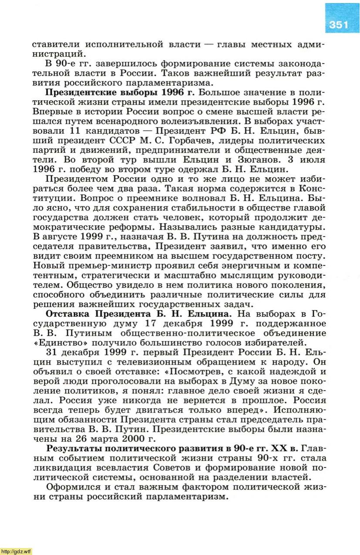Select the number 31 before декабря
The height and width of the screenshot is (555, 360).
point(53,352)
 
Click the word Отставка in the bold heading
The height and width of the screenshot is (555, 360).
point(67,314)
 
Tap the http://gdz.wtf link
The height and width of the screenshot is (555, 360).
point(16,551)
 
